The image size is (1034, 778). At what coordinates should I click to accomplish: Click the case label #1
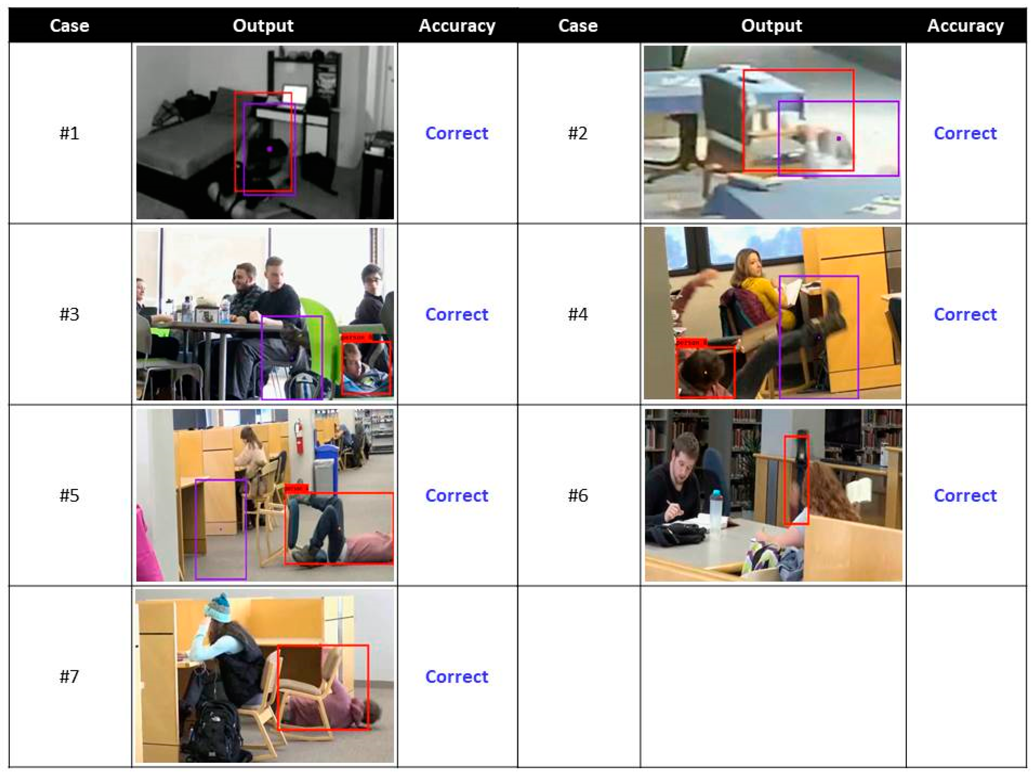click(x=69, y=133)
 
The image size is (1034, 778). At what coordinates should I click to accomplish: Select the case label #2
click(x=578, y=133)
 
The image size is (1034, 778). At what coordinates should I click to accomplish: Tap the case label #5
click(x=69, y=495)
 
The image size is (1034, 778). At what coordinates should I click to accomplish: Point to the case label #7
click(x=69, y=676)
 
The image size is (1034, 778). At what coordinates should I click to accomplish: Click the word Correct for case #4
click(x=965, y=314)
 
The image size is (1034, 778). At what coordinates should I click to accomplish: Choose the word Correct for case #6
click(x=965, y=495)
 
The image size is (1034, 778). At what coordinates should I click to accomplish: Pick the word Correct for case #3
click(x=456, y=314)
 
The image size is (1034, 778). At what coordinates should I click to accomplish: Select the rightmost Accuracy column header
click(x=965, y=26)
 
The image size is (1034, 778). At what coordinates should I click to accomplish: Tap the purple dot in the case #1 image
click(x=270, y=149)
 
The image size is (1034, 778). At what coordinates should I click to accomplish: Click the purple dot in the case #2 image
click(x=839, y=138)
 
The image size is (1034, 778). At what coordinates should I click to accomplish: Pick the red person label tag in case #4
click(x=691, y=343)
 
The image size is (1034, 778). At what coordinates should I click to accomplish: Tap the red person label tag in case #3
click(x=358, y=337)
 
